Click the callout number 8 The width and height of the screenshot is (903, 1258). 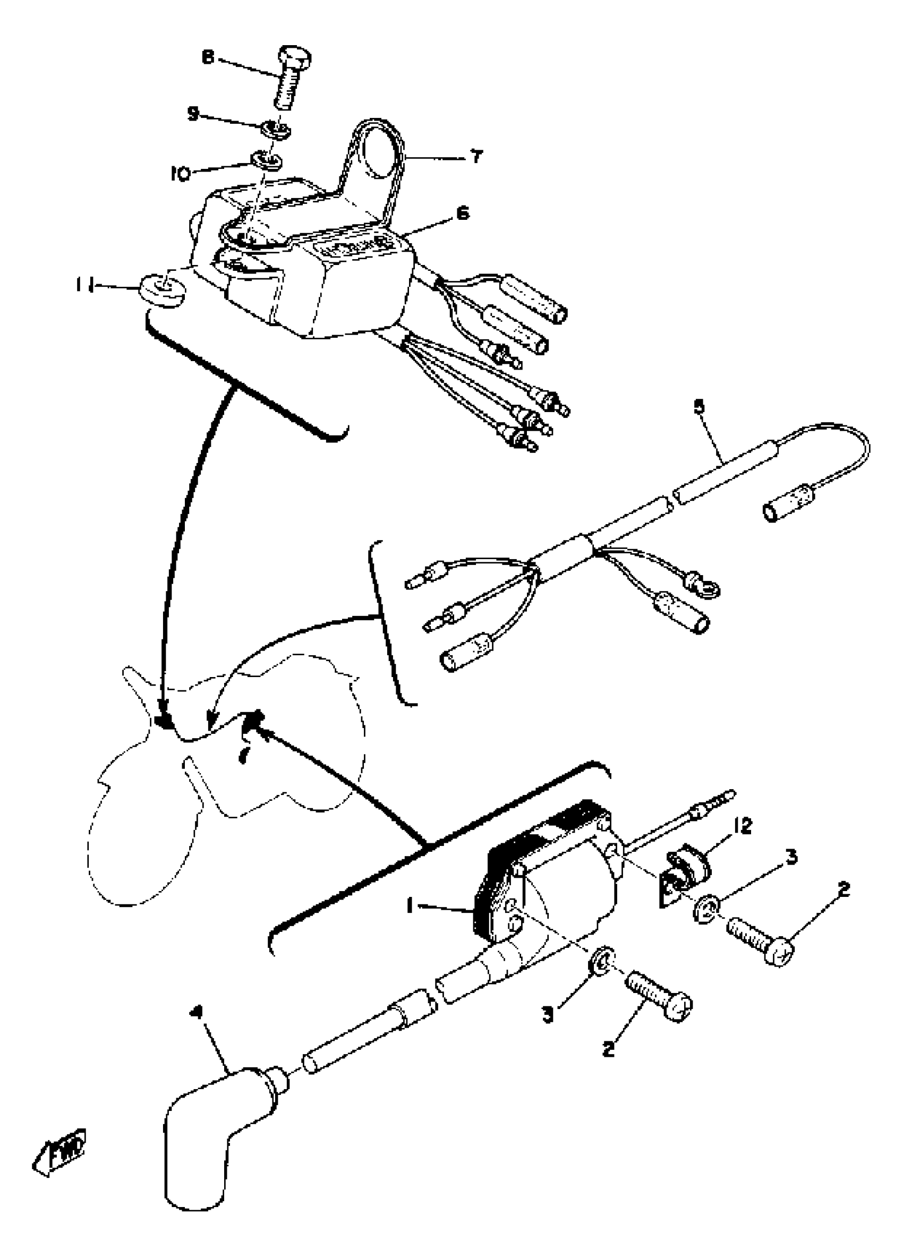pos(208,58)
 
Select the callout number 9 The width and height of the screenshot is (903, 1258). pos(192,114)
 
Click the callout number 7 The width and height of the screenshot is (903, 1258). pos(476,157)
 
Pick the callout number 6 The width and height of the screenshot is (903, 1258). pos(463,213)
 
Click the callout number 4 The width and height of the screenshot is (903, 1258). pos(193,1012)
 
